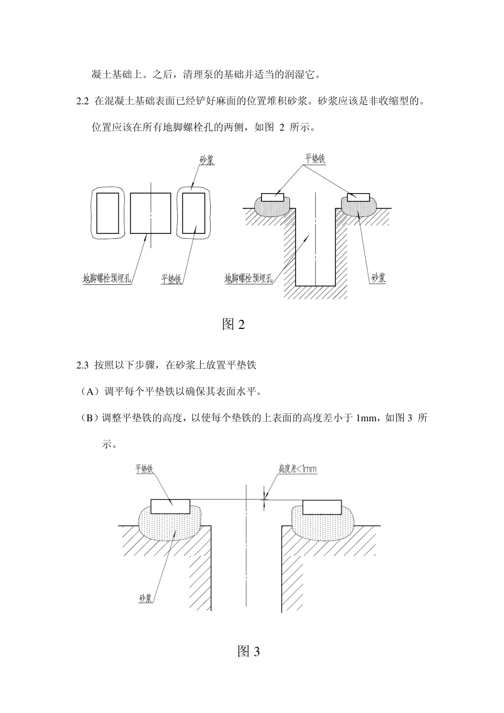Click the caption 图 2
233,324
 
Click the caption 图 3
249,651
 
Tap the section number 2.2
82,101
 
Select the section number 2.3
82,365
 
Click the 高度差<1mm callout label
298,469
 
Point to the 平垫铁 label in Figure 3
144,468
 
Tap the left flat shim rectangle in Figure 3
170,507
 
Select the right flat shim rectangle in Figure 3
322,507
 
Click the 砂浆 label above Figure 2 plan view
206,160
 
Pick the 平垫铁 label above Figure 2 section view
315,159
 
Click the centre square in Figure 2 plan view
151,213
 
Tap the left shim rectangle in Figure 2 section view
273,197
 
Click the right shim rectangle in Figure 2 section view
359,197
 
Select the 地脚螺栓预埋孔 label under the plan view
107,279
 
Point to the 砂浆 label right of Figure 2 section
379,278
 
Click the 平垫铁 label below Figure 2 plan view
171,279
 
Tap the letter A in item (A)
91,392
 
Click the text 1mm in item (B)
366,418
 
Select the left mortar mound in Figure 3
170,523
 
